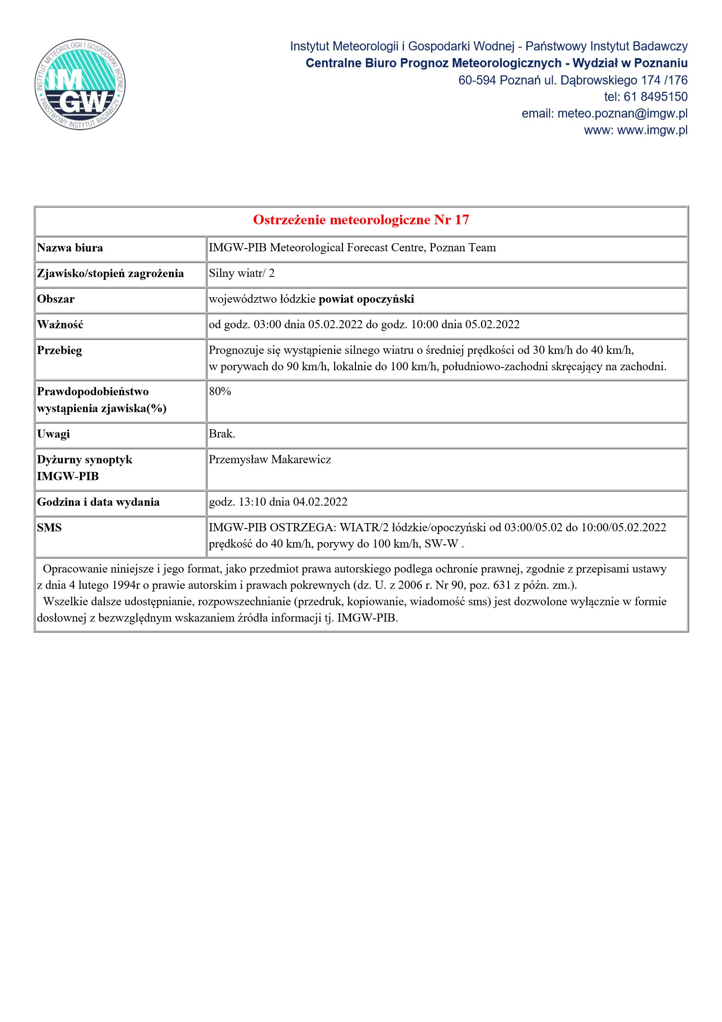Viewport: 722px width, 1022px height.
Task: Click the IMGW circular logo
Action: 80,84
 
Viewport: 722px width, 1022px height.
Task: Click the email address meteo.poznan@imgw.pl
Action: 622,113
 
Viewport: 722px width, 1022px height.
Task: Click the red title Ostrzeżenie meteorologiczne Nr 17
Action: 361,220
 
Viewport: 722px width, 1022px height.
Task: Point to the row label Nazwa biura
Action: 70,248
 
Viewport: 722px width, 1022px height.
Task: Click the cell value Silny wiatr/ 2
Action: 242,273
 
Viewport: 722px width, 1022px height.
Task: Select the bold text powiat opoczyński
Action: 366,299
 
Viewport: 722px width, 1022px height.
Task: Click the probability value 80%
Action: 220,392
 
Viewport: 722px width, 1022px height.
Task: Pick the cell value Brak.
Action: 222,434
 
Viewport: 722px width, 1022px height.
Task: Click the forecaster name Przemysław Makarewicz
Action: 270,459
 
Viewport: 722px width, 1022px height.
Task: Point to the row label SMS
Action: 49,528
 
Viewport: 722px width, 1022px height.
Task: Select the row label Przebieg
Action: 60,351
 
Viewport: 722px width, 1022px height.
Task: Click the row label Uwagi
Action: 54,434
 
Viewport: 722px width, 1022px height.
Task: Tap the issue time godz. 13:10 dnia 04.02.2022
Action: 278,502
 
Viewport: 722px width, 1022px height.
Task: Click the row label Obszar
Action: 56,299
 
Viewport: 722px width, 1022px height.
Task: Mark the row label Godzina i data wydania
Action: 98,502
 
